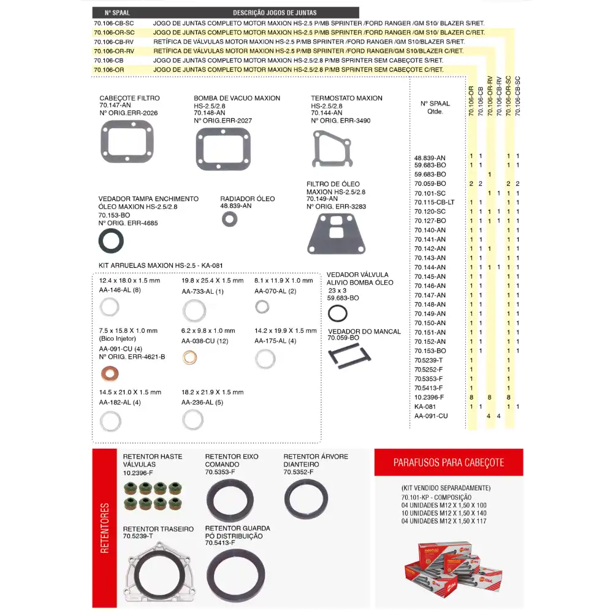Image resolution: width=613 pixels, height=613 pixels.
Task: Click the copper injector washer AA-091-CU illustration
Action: tap(110, 373)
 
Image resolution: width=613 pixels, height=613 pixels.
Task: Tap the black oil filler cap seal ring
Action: tap(111, 242)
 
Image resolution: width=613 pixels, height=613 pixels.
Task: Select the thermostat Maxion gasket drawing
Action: tap(332, 150)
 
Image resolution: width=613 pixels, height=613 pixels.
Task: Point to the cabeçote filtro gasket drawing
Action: tap(126, 142)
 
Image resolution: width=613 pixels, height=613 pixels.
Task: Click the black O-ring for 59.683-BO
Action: tap(337, 314)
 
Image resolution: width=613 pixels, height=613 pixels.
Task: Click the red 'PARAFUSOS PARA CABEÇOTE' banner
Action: tap(449, 463)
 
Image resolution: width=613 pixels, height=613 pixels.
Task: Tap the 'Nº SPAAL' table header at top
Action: tap(118, 12)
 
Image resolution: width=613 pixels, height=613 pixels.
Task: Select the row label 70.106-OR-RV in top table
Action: tap(114, 51)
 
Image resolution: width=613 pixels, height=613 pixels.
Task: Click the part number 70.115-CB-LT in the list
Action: tap(434, 202)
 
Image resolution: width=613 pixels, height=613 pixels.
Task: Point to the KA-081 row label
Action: tap(425, 406)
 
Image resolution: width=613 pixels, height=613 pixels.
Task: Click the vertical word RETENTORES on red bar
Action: tap(104, 528)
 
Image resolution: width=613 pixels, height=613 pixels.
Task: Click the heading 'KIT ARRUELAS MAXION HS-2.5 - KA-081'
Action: tap(161, 265)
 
